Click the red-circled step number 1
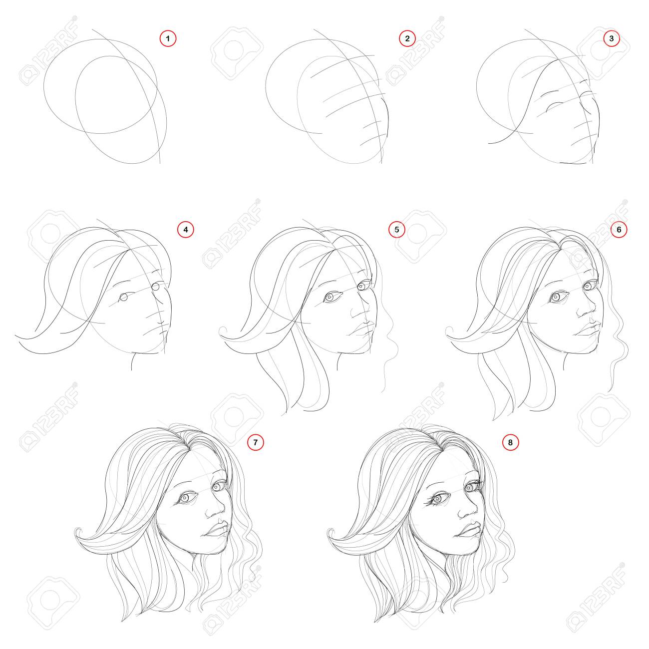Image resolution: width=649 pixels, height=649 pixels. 168,38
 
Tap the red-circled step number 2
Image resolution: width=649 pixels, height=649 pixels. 407,38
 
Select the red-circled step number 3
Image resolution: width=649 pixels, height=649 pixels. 611,38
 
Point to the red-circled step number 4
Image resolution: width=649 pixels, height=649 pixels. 186,229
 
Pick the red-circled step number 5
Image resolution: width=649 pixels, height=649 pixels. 397,229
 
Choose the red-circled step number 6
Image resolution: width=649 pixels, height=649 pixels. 619,229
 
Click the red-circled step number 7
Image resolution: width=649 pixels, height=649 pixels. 255,442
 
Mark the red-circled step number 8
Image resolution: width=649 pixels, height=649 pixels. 510,442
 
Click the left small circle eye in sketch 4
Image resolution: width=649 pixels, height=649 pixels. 124,297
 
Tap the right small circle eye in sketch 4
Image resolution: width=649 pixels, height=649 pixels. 155,287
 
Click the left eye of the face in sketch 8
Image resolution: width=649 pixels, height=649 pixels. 437,499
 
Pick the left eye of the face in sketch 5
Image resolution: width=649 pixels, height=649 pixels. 330,297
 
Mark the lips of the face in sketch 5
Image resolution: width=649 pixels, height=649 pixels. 361,327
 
